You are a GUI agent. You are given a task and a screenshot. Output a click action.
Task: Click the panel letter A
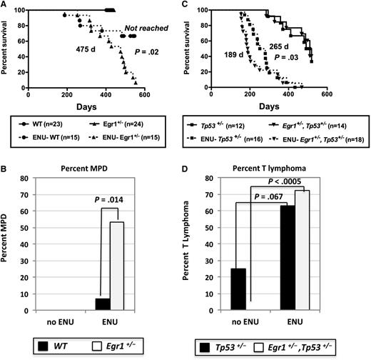[x=5, y=5]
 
